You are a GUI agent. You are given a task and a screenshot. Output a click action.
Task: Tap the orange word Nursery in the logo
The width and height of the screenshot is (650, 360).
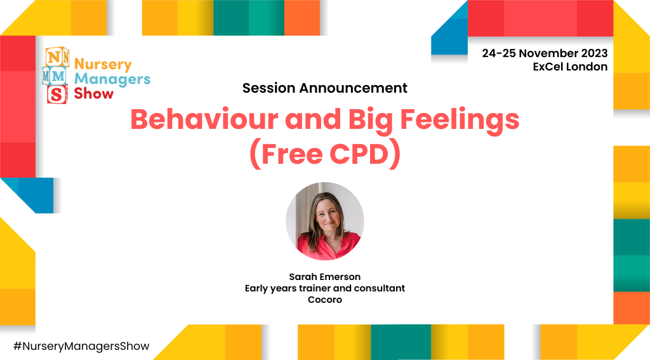[x=103, y=64]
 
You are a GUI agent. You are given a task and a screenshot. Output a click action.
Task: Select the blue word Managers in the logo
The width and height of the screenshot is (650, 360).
[x=112, y=79]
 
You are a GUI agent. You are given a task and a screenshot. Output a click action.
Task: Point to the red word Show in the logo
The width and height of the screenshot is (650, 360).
[x=94, y=94]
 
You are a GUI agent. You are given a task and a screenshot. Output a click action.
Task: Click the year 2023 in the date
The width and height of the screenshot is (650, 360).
[x=592, y=53]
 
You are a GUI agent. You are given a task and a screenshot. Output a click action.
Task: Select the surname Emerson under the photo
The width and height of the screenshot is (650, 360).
[x=342, y=277]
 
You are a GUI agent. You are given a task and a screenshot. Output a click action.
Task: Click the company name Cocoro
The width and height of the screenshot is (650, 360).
[x=325, y=300]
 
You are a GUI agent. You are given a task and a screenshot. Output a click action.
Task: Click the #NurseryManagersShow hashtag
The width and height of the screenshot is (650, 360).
[x=81, y=346]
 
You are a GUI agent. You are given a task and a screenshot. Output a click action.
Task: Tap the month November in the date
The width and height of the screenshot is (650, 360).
[x=541, y=53]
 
